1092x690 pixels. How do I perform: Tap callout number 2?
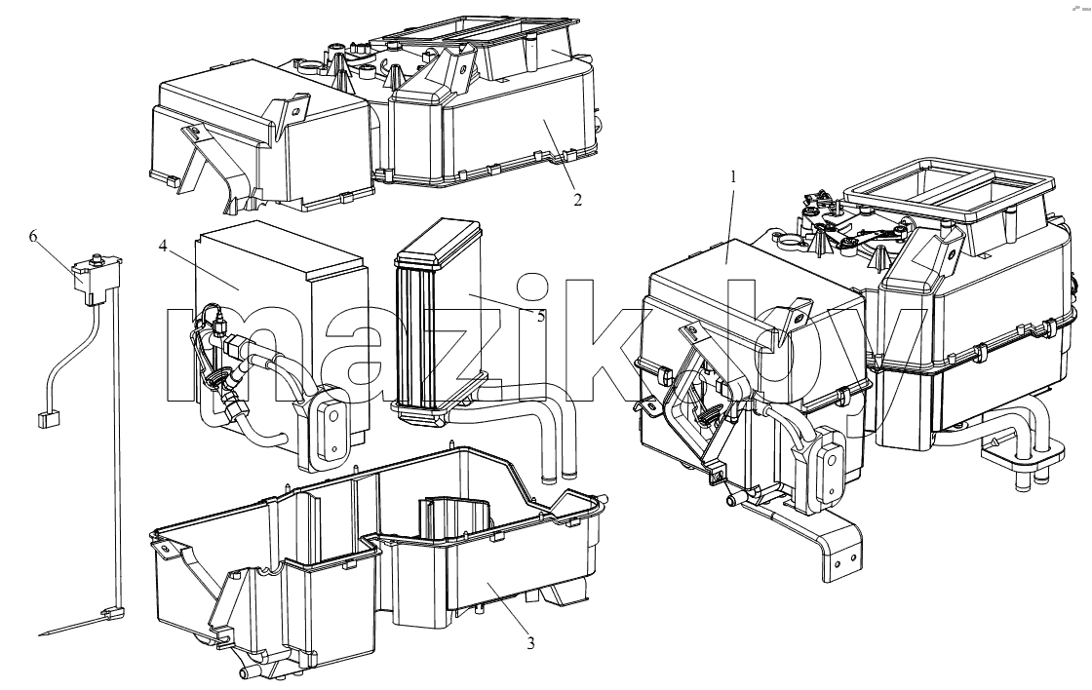click(577, 200)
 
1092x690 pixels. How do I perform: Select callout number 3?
click(530, 643)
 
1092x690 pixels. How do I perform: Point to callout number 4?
click(162, 247)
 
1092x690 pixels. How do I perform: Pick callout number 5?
click(540, 316)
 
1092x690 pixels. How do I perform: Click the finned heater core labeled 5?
click(439, 322)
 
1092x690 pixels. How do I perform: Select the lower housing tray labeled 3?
click(376, 564)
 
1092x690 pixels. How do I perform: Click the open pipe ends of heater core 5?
click(560, 477)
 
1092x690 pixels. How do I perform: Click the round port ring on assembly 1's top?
click(787, 243)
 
